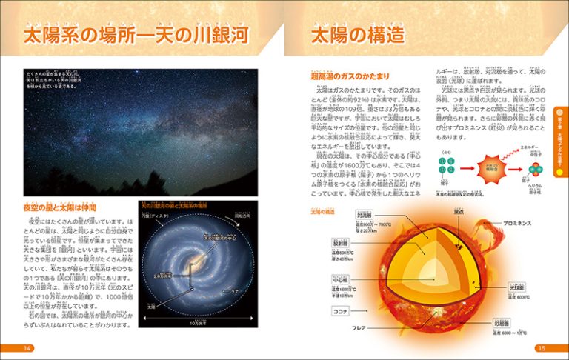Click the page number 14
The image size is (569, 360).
pyautogui.click(x=28, y=348)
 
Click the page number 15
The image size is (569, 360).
pyautogui.click(x=542, y=348)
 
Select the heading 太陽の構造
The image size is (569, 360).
pyautogui.click(x=357, y=34)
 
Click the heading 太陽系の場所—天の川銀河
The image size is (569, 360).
pyautogui.click(x=135, y=34)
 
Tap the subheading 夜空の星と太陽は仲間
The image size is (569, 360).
pyautogui.click(x=60, y=207)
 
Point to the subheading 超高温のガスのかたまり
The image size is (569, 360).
pyautogui.click(x=352, y=76)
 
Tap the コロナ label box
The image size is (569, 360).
pyautogui.click(x=342, y=312)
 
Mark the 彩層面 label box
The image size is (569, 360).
pyautogui.click(x=518, y=324)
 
